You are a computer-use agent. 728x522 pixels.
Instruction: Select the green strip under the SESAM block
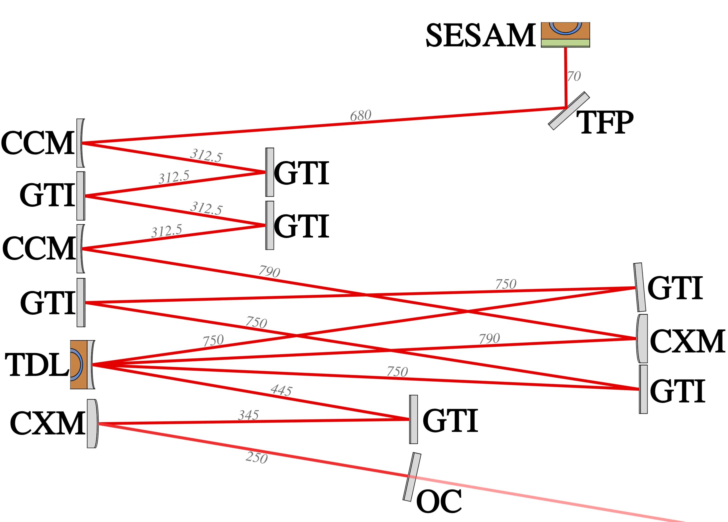pyautogui.click(x=565, y=43)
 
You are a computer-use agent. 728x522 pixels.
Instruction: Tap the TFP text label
pyautogui.click(x=605, y=122)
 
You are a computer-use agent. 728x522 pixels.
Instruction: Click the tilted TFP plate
pyautogui.click(x=569, y=111)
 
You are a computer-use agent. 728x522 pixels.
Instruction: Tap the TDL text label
pyautogui.click(x=37, y=365)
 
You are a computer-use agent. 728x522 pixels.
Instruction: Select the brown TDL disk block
pyautogui.click(x=78, y=365)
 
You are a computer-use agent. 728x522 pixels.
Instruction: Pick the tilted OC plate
pyautogui.click(x=412, y=477)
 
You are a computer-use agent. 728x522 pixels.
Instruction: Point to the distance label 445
pyautogui.click(x=281, y=390)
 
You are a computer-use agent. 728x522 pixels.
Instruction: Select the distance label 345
pyautogui.click(x=248, y=415)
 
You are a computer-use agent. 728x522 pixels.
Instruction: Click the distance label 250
pyautogui.click(x=256, y=458)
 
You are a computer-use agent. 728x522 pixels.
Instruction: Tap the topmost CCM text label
pyautogui.click(x=37, y=143)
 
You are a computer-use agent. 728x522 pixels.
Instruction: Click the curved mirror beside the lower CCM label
pyautogui.click(x=80, y=249)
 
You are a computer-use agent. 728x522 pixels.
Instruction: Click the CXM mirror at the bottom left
pyautogui.click(x=92, y=424)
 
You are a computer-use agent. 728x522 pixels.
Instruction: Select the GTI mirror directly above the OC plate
pyautogui.click(x=413, y=419)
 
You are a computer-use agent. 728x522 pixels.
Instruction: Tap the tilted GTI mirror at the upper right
pyautogui.click(x=640, y=287)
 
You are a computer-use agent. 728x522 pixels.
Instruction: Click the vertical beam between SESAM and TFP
pyautogui.click(x=566, y=77)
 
